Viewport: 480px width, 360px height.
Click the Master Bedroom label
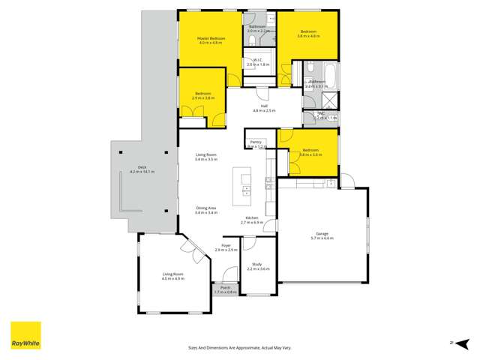click(x=211, y=37)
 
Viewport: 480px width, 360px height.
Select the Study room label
click(x=256, y=263)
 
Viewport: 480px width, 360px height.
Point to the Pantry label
click(x=256, y=142)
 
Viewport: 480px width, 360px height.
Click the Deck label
click(x=142, y=167)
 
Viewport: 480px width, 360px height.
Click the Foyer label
click(x=226, y=245)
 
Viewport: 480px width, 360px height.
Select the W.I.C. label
click(x=257, y=60)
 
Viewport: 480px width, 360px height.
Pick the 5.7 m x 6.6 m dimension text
click(x=323, y=238)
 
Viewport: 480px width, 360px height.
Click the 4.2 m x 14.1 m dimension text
click(x=142, y=172)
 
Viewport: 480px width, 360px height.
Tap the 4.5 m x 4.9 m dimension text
click(x=173, y=279)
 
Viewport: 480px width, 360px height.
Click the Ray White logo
click(x=25, y=335)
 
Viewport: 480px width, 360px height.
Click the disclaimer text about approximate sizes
click(x=239, y=347)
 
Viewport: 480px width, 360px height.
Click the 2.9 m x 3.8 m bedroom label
click(x=202, y=96)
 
